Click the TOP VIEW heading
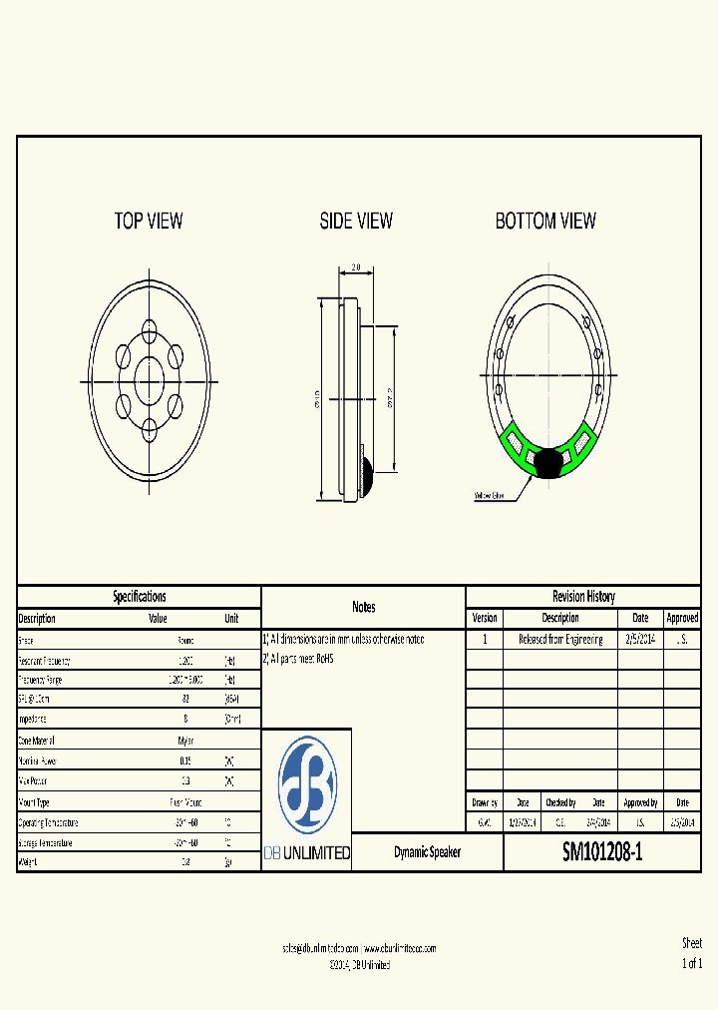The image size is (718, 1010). click(149, 221)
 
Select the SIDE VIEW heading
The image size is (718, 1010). click(356, 221)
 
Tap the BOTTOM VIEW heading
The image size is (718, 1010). click(545, 221)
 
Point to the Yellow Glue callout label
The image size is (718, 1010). click(488, 495)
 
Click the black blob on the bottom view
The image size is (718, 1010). click(548, 461)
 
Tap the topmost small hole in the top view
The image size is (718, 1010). click(150, 329)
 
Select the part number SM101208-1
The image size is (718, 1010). click(602, 852)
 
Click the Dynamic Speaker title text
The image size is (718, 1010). click(427, 852)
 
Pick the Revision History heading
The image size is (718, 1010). click(583, 596)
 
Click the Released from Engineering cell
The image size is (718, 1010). click(559, 639)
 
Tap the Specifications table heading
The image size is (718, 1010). click(139, 596)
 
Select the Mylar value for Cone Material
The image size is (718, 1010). click(185, 742)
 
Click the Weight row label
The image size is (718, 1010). click(29, 862)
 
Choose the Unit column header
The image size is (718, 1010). click(231, 619)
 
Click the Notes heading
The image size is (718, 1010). click(363, 607)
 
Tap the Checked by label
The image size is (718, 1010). click(559, 802)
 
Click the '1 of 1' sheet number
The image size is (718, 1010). click(691, 963)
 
